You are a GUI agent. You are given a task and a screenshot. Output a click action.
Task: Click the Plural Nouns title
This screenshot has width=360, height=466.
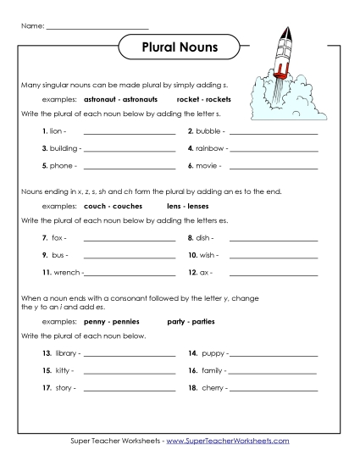[x=180, y=47]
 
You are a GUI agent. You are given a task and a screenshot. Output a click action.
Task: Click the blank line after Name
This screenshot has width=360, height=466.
[x=97, y=28]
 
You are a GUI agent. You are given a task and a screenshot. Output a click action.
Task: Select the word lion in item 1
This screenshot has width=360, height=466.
[x=58, y=132]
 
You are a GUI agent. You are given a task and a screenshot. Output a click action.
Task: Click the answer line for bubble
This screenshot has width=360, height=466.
[x=274, y=133]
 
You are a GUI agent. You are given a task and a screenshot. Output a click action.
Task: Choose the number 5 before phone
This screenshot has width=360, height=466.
[x=44, y=165]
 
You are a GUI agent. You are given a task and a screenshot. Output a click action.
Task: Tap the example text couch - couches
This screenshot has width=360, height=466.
[x=107, y=206]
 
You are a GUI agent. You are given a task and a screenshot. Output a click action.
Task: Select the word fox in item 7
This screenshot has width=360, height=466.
[x=58, y=238]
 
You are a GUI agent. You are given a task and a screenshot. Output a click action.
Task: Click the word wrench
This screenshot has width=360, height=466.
[x=68, y=272]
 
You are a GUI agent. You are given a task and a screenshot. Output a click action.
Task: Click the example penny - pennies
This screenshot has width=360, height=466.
[x=107, y=322]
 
